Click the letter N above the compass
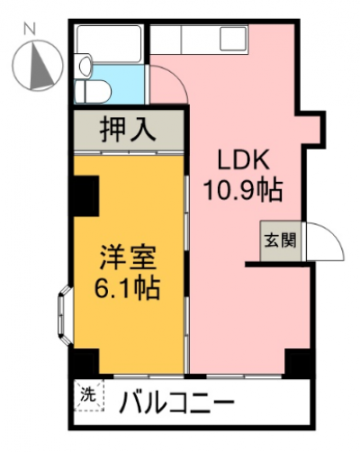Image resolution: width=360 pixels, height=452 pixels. [x=30, y=29]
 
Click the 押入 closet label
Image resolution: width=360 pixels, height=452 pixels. [x=128, y=130]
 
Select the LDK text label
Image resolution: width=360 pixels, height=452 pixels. [x=242, y=160]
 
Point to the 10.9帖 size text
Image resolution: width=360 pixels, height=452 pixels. [x=243, y=190]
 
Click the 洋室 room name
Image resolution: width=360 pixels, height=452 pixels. [x=128, y=258]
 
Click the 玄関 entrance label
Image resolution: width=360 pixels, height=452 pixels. [x=280, y=240]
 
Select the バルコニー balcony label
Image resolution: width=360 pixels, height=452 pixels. [x=176, y=402]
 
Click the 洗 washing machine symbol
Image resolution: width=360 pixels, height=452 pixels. [x=88, y=395]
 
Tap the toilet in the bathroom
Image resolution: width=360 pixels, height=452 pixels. [x=93, y=91]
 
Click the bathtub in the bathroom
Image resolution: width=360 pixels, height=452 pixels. [x=109, y=44]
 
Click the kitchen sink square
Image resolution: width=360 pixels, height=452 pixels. [x=233, y=39]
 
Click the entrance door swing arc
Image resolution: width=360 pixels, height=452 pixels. [x=330, y=233]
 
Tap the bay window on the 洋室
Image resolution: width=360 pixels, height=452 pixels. [x=64, y=315]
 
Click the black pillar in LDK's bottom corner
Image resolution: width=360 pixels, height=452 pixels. [x=297, y=363]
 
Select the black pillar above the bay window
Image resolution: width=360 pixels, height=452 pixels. [x=86, y=195]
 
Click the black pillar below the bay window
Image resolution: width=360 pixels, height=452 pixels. [x=86, y=361]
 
